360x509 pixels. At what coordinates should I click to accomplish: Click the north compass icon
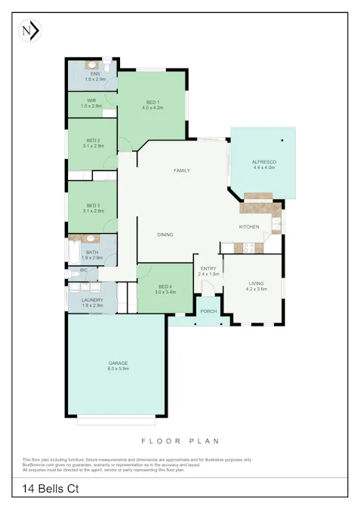(29, 31)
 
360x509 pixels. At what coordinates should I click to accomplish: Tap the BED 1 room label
(152, 102)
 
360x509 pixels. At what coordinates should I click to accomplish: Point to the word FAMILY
(181, 170)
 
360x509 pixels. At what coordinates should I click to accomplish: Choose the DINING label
(165, 235)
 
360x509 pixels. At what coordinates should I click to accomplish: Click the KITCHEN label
(249, 226)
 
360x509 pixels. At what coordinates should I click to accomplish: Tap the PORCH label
(208, 311)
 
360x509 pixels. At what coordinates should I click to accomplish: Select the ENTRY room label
(208, 268)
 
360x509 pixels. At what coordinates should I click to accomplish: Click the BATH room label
(92, 253)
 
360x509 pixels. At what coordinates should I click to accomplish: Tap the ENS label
(95, 73)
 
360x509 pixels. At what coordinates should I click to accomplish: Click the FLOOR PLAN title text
(180, 439)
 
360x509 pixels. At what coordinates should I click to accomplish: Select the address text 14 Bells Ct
(51, 490)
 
